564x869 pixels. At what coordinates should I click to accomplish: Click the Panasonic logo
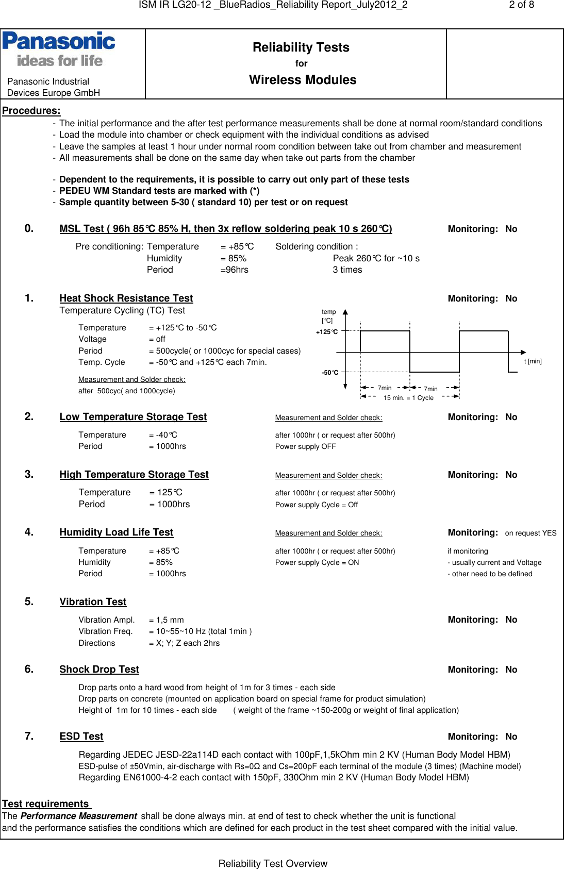(x=59, y=49)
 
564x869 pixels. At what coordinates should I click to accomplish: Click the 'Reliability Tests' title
(x=301, y=47)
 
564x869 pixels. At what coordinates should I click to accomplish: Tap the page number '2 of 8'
(x=521, y=5)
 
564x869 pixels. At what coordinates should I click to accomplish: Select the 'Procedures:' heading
(x=31, y=110)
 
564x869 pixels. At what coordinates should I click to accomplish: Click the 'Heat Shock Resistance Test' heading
(x=126, y=298)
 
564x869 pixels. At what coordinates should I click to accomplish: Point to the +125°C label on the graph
(x=327, y=332)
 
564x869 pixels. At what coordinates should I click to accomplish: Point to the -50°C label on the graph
(x=330, y=373)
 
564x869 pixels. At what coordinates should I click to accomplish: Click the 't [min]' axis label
(x=533, y=361)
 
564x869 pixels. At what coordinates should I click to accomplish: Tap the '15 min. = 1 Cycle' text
(x=408, y=398)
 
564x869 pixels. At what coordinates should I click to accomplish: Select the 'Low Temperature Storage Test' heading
(x=133, y=416)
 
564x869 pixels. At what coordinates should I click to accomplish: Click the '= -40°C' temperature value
(x=163, y=435)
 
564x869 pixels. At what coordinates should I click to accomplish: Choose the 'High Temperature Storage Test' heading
(x=134, y=474)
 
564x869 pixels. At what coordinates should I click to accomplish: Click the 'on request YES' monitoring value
(x=530, y=533)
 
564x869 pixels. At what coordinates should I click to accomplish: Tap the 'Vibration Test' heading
(x=93, y=601)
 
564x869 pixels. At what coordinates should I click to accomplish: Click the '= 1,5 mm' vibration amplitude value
(x=167, y=620)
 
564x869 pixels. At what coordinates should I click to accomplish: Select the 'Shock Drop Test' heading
(x=99, y=669)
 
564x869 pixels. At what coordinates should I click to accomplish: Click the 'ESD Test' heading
(x=81, y=736)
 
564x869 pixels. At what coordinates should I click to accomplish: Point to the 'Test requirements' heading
(x=45, y=804)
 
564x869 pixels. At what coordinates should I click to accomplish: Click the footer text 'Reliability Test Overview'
(x=273, y=863)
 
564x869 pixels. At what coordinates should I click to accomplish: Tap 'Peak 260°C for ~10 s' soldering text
(x=376, y=258)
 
